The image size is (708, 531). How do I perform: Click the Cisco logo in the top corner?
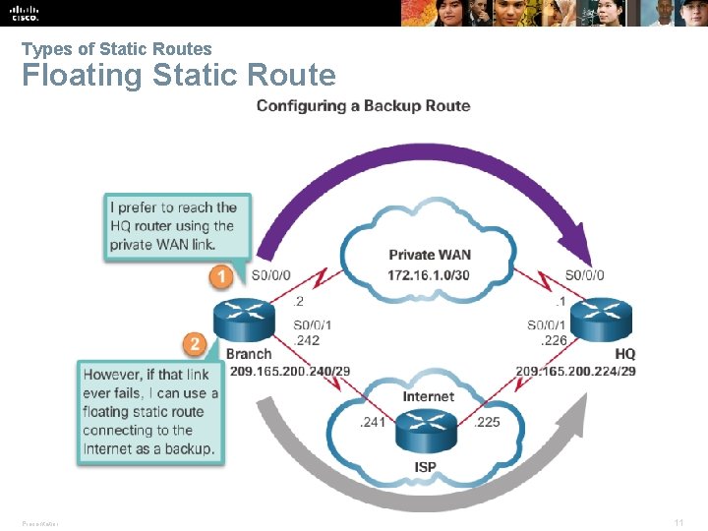pyautogui.click(x=24, y=12)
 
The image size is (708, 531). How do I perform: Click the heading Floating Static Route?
pyautogui.click(x=178, y=75)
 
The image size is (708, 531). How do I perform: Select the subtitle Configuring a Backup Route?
pyautogui.click(x=363, y=106)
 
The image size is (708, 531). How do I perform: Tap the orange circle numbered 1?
pyautogui.click(x=222, y=276)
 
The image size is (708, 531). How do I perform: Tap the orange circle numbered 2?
pyautogui.click(x=195, y=344)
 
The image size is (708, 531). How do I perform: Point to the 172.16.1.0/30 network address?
pyautogui.click(x=429, y=274)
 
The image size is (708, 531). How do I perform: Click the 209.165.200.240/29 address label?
pyautogui.click(x=288, y=371)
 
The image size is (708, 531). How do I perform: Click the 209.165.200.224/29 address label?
pyautogui.click(x=575, y=371)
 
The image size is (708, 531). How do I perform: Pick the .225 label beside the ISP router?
pyautogui.click(x=488, y=423)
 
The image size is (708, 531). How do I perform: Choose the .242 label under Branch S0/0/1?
pyautogui.click(x=307, y=340)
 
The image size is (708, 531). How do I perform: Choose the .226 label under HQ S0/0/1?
pyautogui.click(x=554, y=340)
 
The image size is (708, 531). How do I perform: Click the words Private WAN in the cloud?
pyautogui.click(x=430, y=256)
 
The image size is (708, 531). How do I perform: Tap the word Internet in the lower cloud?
pyautogui.click(x=429, y=396)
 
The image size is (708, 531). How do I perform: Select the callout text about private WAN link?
pyautogui.click(x=174, y=226)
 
